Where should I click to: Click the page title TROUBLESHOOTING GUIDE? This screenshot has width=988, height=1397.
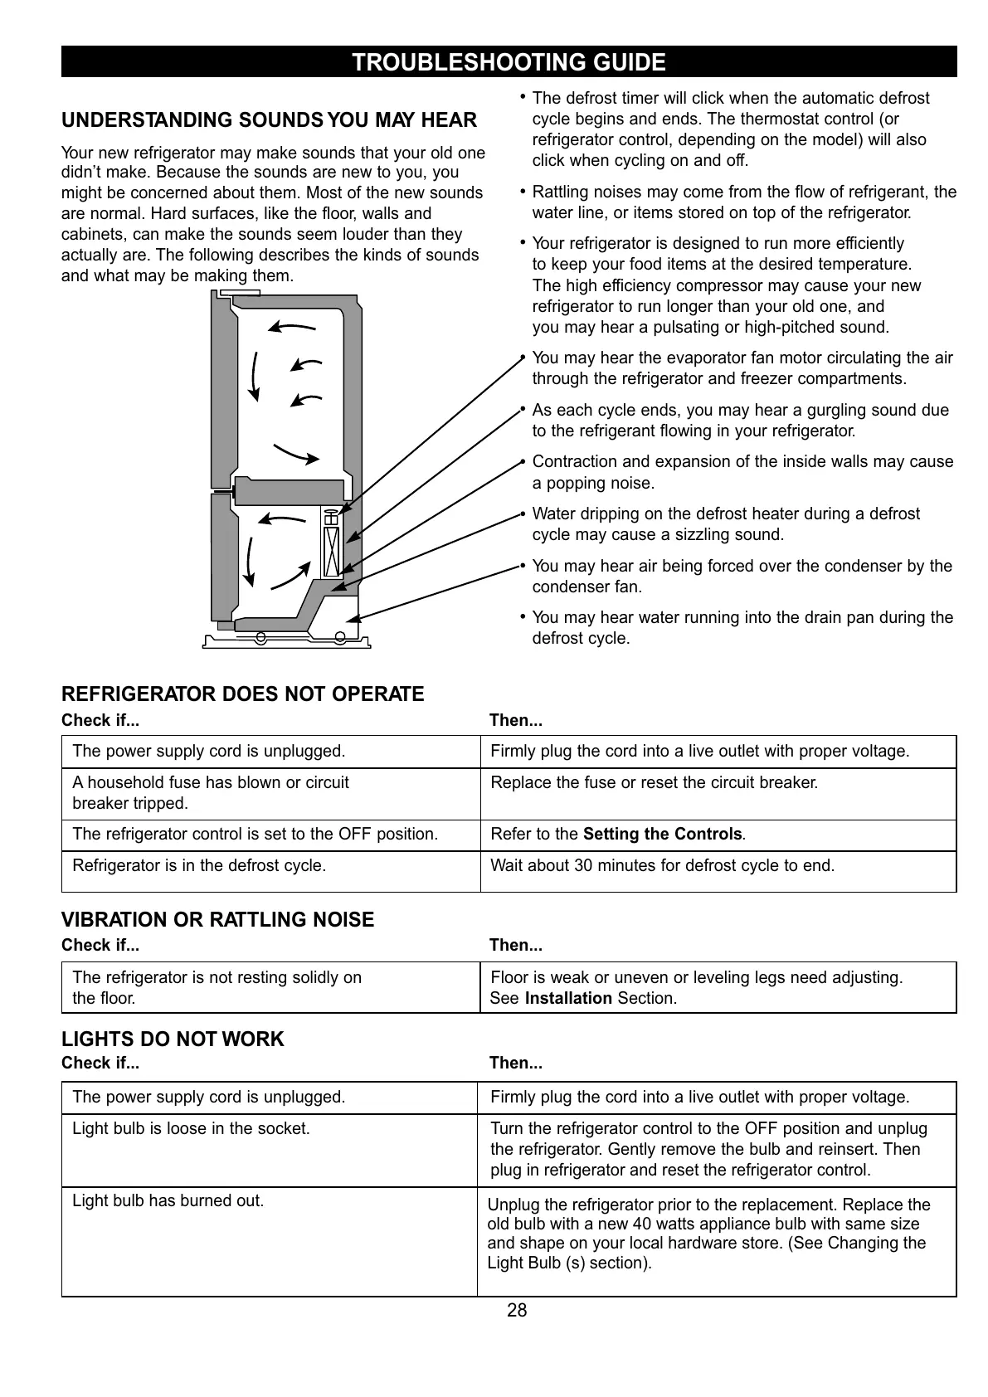click(x=509, y=62)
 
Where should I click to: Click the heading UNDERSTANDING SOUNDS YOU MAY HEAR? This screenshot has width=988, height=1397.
click(x=269, y=121)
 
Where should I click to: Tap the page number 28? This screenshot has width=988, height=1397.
click(x=517, y=1311)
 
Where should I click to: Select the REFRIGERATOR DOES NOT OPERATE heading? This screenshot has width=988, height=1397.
click(x=242, y=694)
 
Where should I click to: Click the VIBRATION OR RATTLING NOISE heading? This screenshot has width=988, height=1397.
click(x=217, y=920)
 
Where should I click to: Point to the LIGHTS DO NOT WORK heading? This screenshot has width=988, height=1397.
click(x=173, y=1039)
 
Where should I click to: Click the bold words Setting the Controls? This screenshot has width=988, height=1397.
click(x=662, y=835)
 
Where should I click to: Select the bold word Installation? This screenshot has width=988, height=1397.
click(x=568, y=999)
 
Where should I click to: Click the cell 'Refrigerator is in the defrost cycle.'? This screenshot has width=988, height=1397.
click(x=199, y=866)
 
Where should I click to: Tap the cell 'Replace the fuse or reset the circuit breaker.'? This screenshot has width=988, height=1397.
click(x=654, y=783)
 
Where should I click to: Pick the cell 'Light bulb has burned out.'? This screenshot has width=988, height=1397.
click(x=168, y=1201)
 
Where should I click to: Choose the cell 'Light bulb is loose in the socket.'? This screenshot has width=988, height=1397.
click(x=191, y=1129)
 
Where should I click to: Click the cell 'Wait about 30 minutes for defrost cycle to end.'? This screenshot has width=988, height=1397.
click(x=662, y=866)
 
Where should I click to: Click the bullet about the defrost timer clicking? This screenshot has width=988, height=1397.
click(x=730, y=129)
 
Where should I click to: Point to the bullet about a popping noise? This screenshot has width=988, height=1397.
click(x=742, y=473)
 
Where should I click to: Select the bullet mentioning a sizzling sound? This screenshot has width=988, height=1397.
click(x=725, y=524)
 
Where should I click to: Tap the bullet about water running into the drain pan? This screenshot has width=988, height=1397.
click(x=742, y=628)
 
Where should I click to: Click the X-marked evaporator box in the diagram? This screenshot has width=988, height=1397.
click(x=330, y=551)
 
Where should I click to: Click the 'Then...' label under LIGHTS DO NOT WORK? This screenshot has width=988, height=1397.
click(x=515, y=1064)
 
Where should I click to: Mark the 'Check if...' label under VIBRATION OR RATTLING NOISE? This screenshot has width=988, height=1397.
click(x=100, y=946)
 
